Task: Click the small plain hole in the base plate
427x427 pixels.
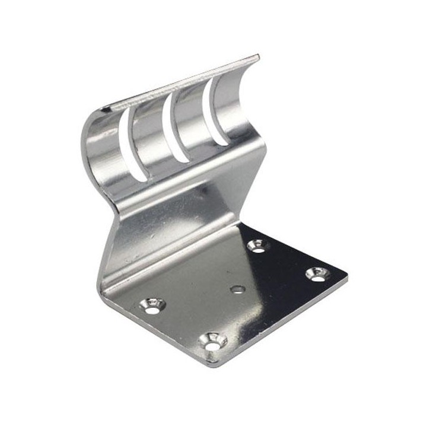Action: tap(237, 289)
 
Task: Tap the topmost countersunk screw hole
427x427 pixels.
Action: tap(258, 245)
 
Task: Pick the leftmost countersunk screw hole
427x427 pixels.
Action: tap(153, 305)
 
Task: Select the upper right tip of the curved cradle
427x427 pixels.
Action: tap(258, 58)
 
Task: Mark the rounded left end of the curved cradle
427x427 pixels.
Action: tap(86, 142)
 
